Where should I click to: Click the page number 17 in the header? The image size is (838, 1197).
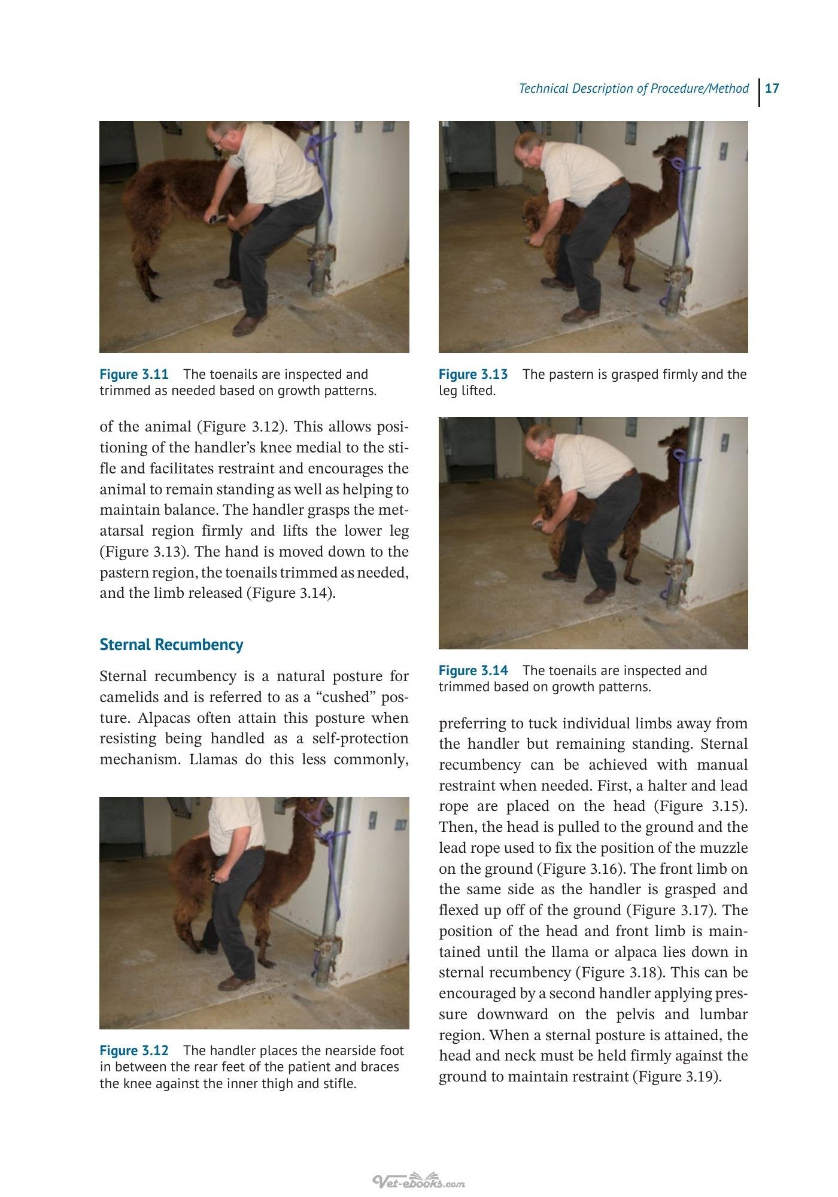[x=772, y=89]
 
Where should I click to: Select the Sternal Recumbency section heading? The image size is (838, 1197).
[x=171, y=645]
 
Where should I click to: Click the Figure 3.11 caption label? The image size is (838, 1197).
[x=134, y=375]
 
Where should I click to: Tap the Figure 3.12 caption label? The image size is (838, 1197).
[x=134, y=1051]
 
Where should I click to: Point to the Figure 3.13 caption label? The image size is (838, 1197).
[x=473, y=375]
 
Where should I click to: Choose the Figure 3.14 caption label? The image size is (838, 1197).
[x=473, y=671]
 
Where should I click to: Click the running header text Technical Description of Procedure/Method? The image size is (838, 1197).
[x=633, y=89]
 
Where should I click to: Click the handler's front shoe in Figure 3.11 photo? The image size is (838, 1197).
[x=249, y=324]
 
